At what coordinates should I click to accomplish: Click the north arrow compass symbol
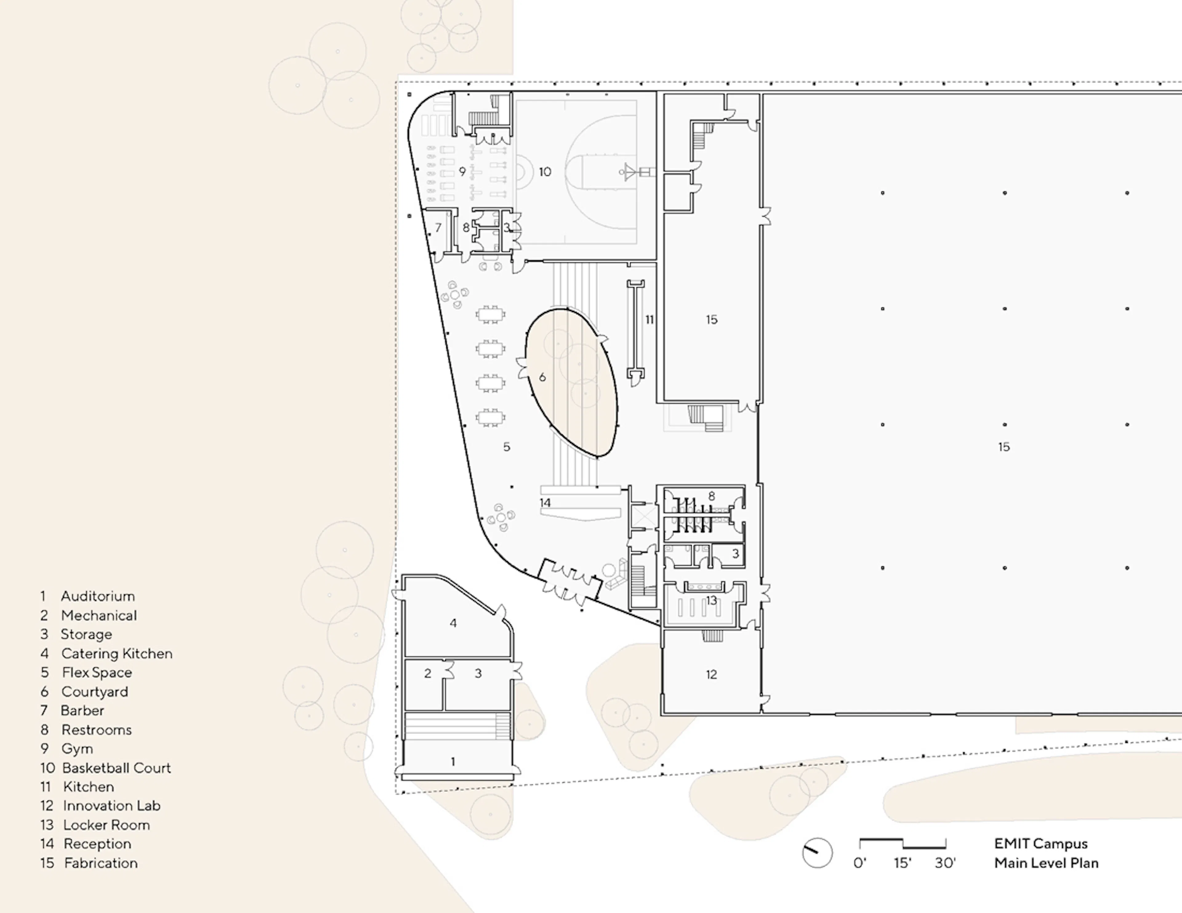click(817, 853)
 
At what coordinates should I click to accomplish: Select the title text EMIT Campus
click(1041, 844)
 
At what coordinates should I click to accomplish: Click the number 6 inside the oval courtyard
click(542, 377)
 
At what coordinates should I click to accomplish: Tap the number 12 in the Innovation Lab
click(711, 674)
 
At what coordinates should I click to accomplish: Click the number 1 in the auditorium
click(453, 762)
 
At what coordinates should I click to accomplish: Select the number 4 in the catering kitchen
click(453, 623)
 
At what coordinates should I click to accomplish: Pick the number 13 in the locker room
click(711, 600)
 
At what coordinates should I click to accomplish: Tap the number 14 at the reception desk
click(545, 503)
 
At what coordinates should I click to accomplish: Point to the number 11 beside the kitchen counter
click(649, 320)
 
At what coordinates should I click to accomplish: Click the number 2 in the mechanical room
click(428, 673)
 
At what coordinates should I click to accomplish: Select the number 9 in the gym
click(462, 172)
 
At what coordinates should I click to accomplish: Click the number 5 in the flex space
click(507, 447)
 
